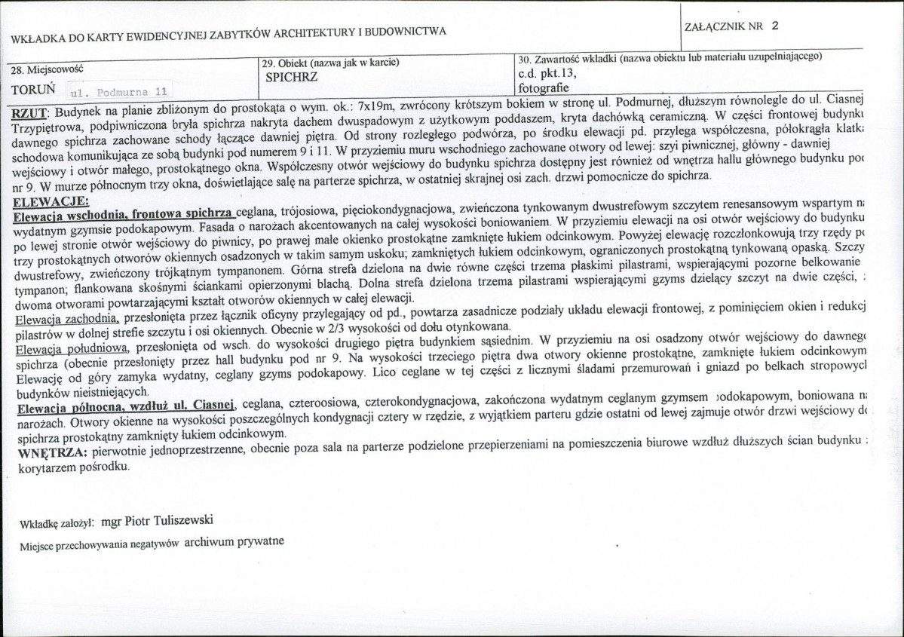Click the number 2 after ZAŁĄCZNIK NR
click(775, 25)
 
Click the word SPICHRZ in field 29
click(292, 78)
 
